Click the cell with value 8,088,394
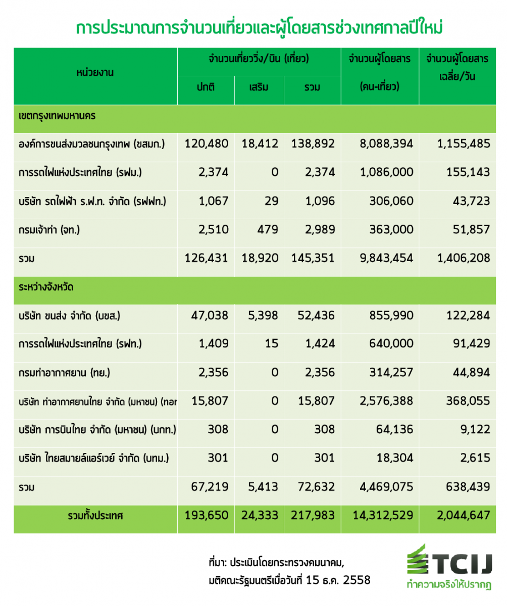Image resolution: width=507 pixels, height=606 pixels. [x=386, y=143]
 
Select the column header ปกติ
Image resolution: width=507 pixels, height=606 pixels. [x=206, y=87]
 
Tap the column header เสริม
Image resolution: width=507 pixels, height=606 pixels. [x=259, y=87]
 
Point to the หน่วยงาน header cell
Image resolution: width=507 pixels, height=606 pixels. [x=95, y=72]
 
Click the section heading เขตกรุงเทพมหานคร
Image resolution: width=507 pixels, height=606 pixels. [x=57, y=116]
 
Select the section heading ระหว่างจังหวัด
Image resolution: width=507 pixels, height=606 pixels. [x=46, y=287]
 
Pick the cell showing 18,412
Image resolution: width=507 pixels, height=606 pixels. [x=260, y=143]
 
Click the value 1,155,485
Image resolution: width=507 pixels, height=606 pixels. [x=464, y=143]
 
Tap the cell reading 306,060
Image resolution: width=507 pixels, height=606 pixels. [x=391, y=201]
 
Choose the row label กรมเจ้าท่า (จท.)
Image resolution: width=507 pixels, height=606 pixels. [x=49, y=230]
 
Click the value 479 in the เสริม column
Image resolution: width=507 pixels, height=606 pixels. [x=268, y=230]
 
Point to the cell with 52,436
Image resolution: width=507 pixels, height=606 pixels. [x=316, y=316]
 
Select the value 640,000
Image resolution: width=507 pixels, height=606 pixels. [x=391, y=343]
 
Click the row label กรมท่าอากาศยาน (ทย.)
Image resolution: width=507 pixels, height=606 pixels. [x=65, y=373]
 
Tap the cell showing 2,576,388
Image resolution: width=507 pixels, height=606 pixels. [x=386, y=401]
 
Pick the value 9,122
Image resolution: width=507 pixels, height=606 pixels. [x=475, y=430]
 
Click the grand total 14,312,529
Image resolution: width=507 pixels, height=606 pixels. [x=383, y=516]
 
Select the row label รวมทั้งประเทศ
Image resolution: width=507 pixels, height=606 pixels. [x=95, y=516]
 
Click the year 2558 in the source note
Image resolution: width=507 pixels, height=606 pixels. [x=357, y=580]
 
